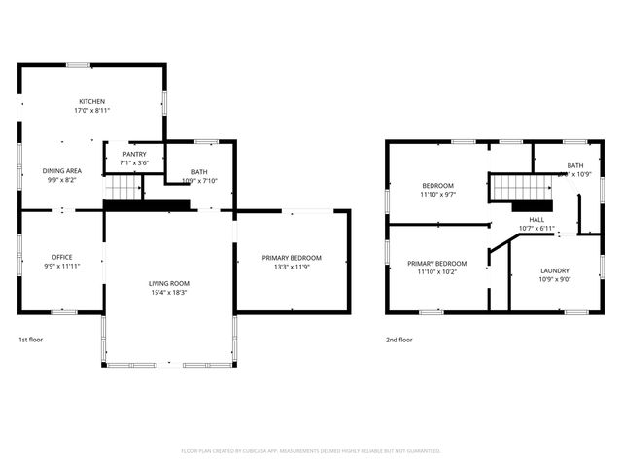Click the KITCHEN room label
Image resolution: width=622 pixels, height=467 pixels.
[x=92, y=102]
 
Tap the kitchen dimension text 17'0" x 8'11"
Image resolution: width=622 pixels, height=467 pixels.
[x=92, y=111]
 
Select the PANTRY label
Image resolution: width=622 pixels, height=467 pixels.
[x=134, y=154]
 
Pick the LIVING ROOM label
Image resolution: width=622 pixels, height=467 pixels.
[x=169, y=283]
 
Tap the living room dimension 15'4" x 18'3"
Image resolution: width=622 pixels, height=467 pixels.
[x=169, y=293]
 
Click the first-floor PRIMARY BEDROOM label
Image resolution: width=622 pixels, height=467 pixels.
[x=292, y=258]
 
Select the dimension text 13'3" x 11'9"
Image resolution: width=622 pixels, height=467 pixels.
[x=292, y=268]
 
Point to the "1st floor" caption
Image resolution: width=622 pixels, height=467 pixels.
[x=31, y=340]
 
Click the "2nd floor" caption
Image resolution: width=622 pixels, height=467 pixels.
[x=399, y=340]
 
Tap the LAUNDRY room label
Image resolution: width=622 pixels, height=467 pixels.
[x=556, y=270]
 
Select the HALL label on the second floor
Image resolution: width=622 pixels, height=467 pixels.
[x=536, y=220]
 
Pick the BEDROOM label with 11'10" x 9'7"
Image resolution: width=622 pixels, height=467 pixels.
[x=437, y=185]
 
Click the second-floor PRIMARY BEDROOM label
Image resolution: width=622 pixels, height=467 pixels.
[x=437, y=263]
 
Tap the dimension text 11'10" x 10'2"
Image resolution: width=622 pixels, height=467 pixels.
[x=437, y=272]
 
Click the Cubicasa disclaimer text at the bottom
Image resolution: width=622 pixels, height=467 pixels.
[x=311, y=450]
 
